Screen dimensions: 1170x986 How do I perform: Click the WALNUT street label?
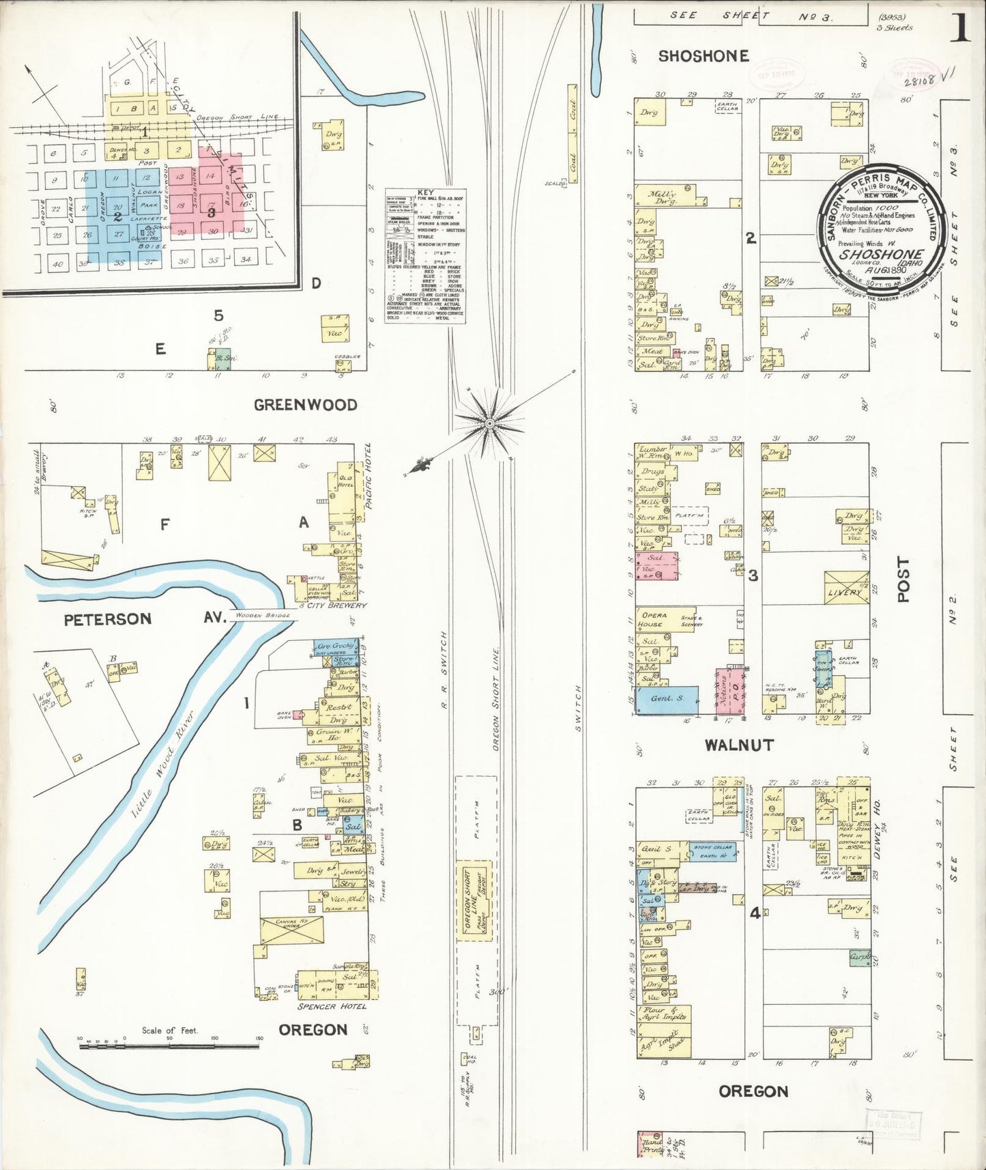pyautogui.click(x=739, y=745)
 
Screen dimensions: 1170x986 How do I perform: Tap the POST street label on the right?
pyautogui.click(x=903, y=579)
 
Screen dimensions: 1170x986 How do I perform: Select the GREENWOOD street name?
pyautogui.click(x=305, y=405)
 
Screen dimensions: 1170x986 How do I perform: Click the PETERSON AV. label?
pyautogui.click(x=142, y=618)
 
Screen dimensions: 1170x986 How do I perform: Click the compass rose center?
pyautogui.click(x=489, y=424)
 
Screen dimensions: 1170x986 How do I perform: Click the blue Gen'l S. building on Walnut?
pyautogui.click(x=667, y=700)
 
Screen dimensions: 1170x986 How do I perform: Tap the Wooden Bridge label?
pyautogui.click(x=262, y=616)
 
